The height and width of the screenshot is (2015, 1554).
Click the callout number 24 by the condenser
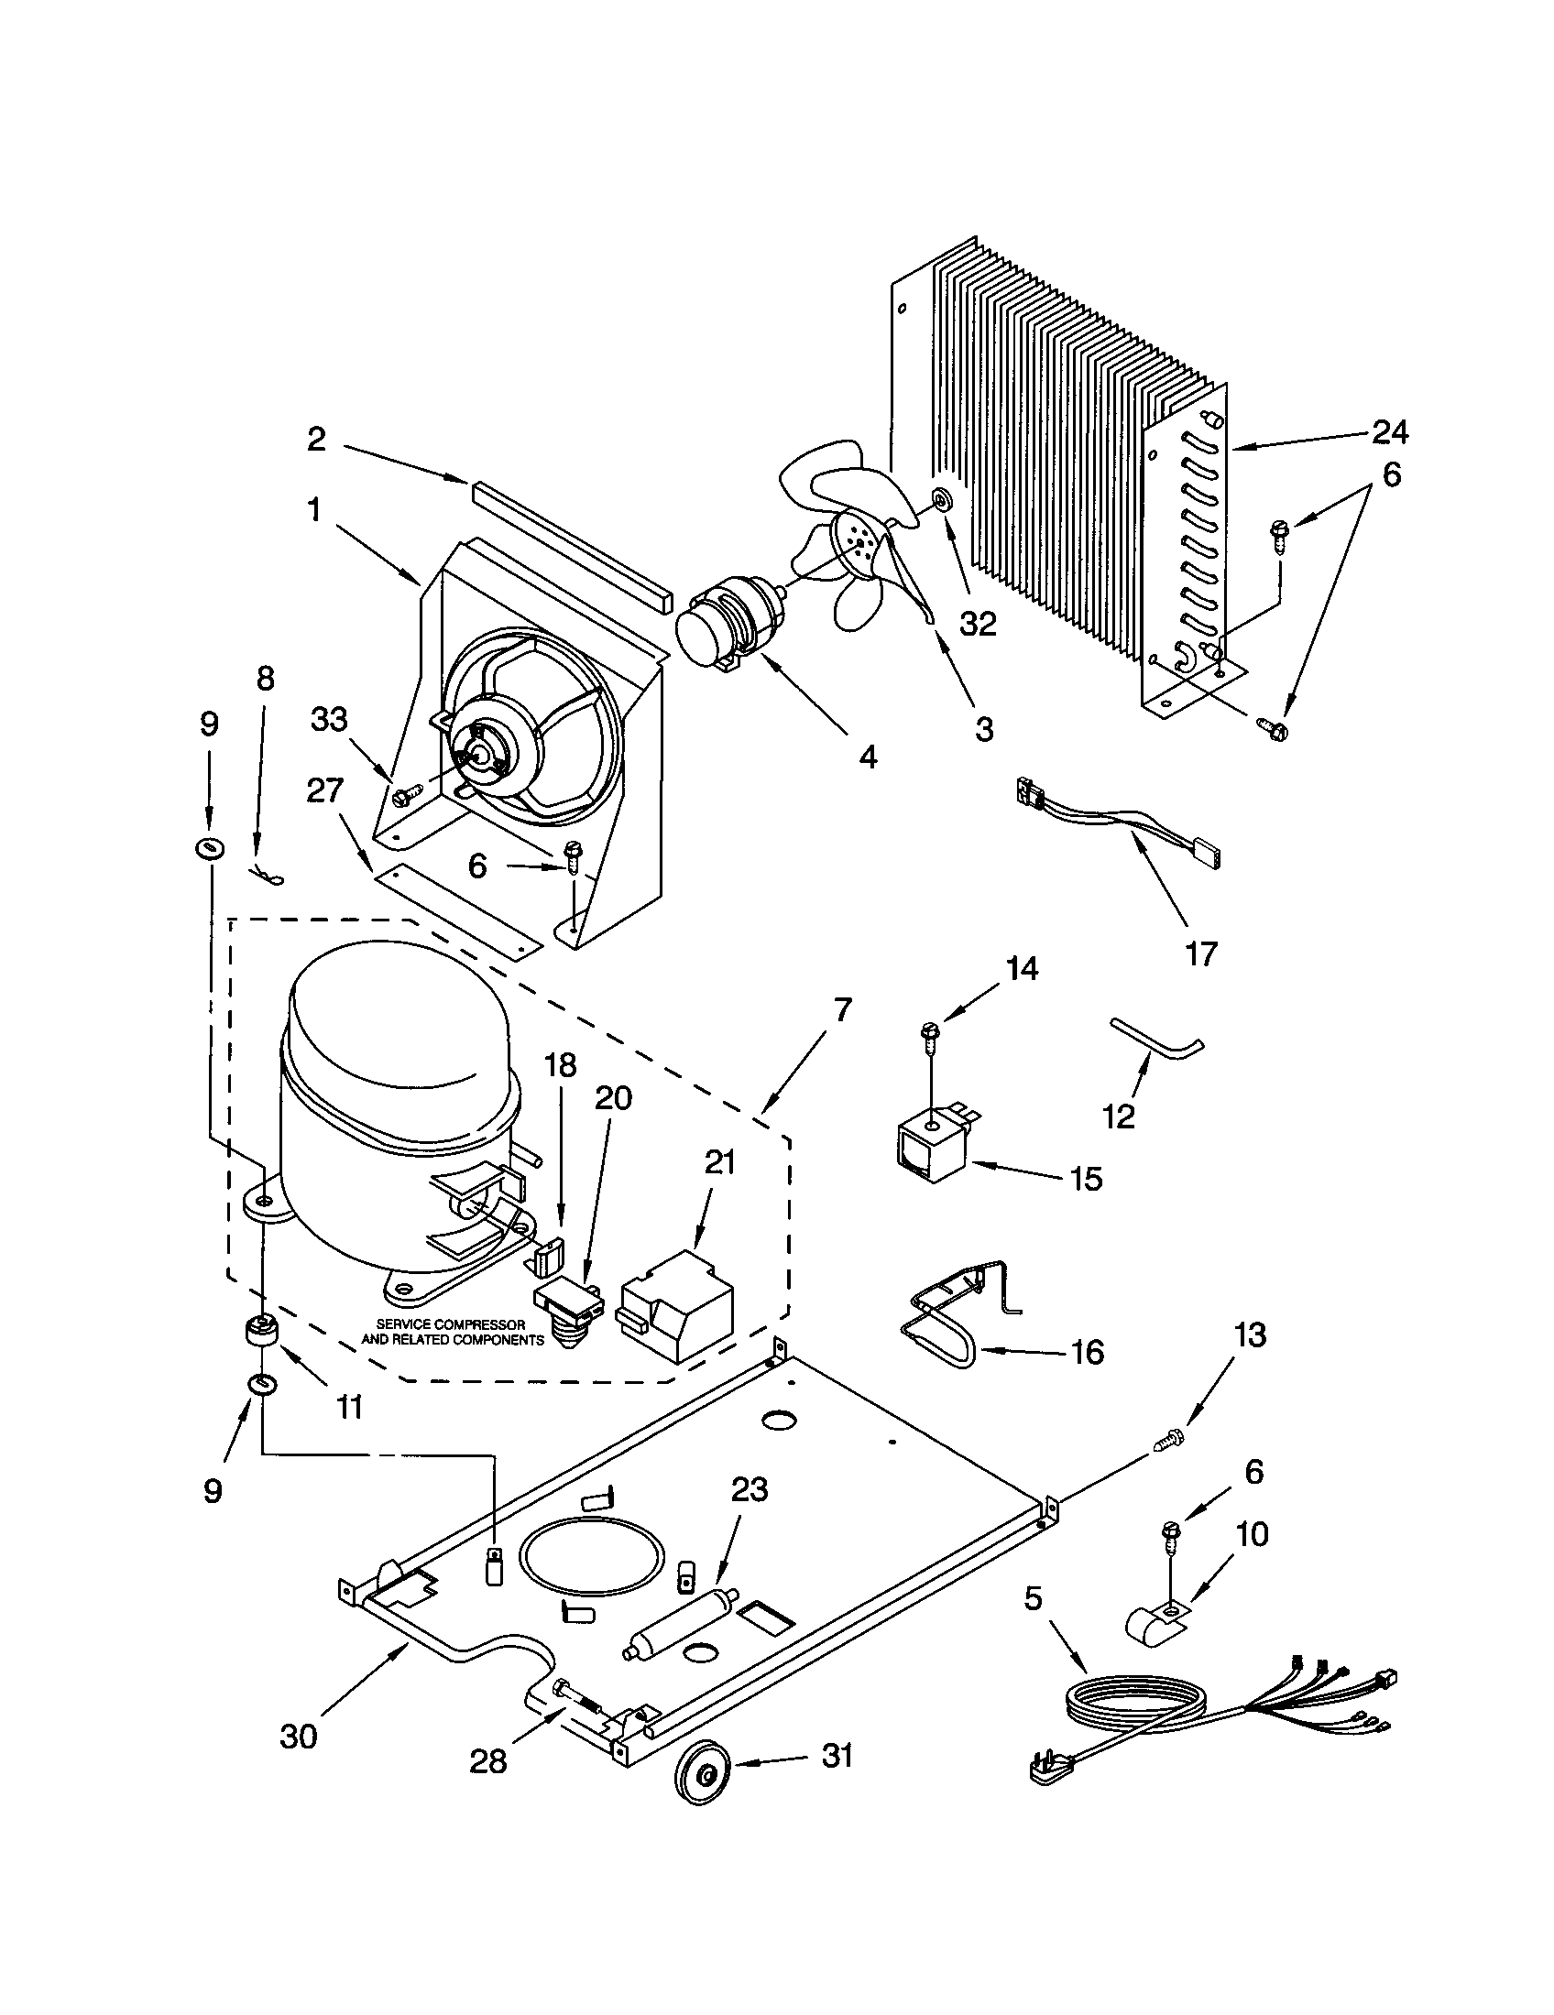point(1389,431)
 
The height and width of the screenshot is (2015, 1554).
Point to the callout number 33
point(329,719)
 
